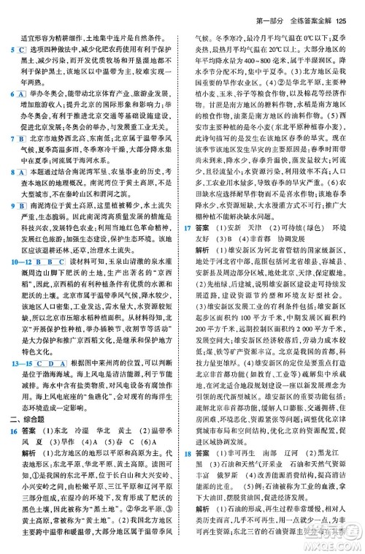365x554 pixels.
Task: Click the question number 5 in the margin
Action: coord(13,48)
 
